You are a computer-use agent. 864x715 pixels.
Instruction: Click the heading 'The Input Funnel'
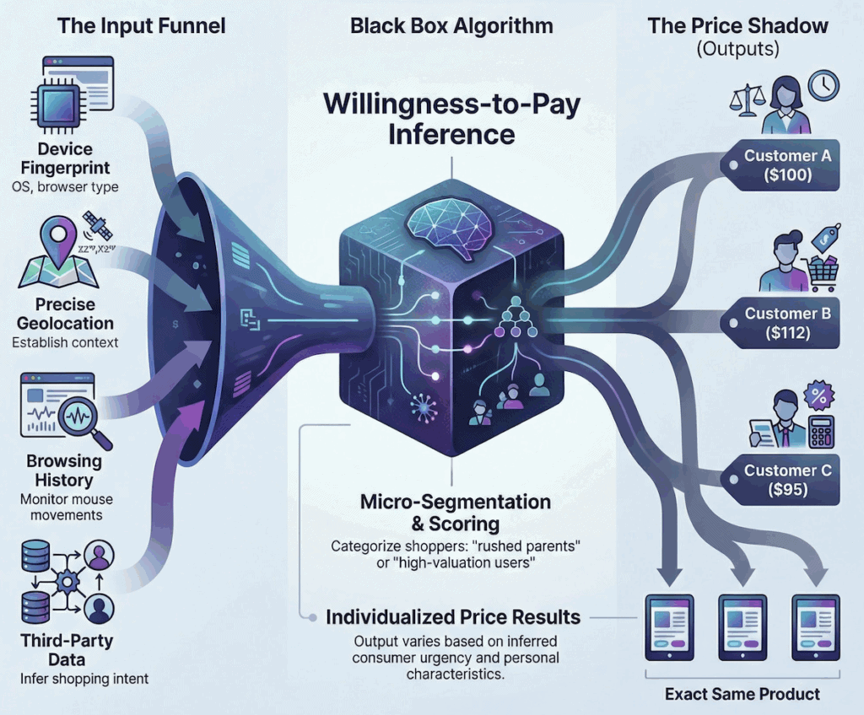coord(141,25)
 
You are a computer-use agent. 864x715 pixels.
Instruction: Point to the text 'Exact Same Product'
coord(741,694)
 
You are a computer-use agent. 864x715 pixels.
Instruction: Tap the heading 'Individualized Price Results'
coord(453,618)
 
